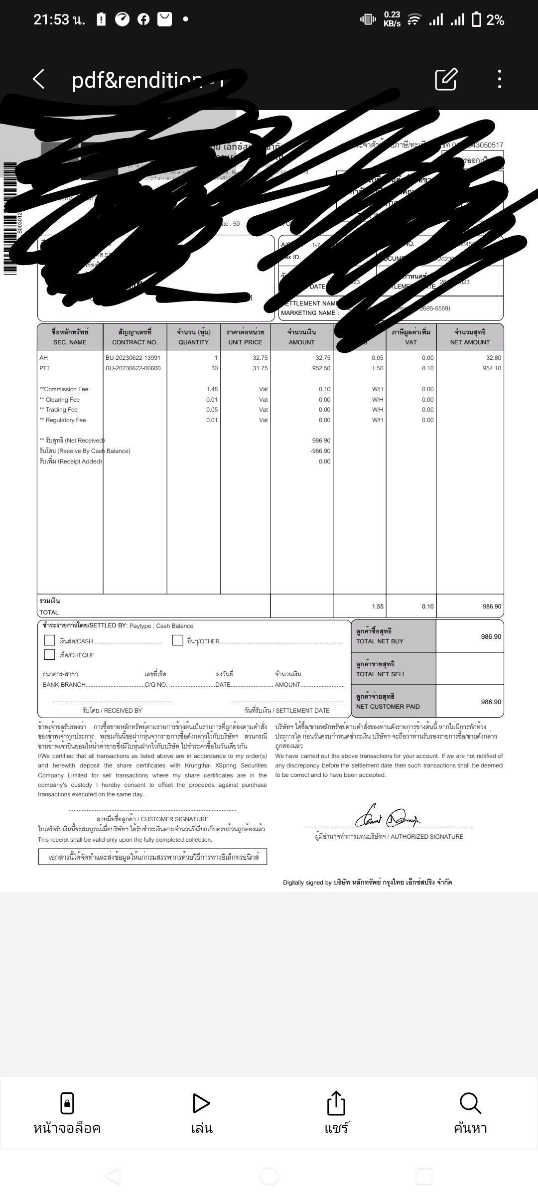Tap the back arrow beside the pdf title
[38, 79]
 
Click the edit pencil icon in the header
[446, 79]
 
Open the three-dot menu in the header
[499, 79]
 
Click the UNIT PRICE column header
[245, 337]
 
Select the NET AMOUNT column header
[470, 337]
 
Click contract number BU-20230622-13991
[133, 358]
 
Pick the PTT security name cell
[45, 368]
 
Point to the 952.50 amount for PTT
[321, 368]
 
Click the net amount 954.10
[492, 368]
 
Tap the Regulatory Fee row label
[63, 420]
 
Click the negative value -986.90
[320, 451]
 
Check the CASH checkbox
[50, 640]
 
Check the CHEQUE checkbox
[50, 654]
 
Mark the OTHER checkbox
[178, 640]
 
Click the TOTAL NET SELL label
[381, 674]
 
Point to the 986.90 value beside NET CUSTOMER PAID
[491, 702]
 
